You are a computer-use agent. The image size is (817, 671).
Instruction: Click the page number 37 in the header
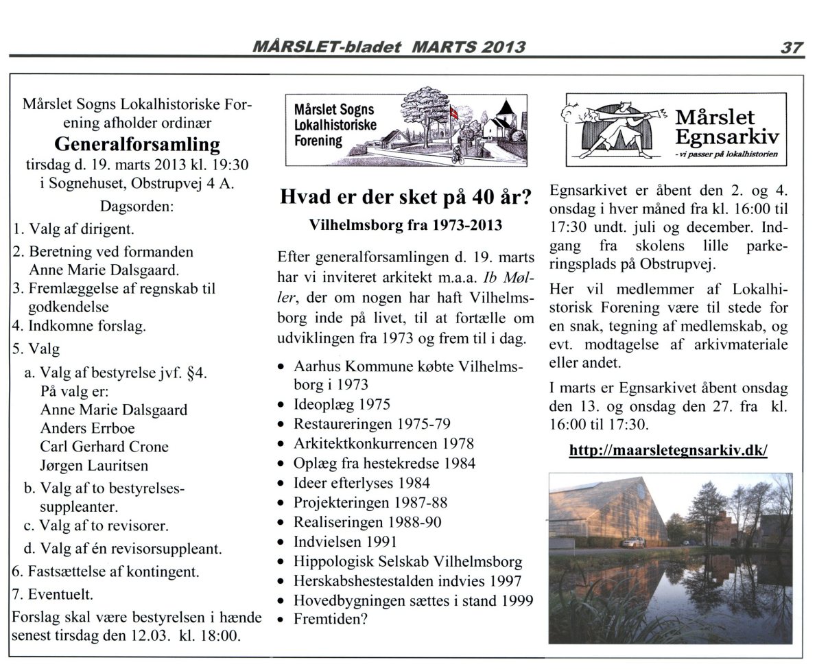[791, 47]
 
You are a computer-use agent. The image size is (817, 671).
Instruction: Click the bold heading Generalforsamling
[137, 144]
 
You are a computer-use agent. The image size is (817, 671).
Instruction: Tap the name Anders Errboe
[87, 428]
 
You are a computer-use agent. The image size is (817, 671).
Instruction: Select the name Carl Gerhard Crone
[104, 446]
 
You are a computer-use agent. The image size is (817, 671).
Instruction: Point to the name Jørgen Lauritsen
[95, 464]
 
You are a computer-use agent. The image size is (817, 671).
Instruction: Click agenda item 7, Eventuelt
[54, 593]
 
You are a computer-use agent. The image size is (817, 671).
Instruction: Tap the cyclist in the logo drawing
[457, 155]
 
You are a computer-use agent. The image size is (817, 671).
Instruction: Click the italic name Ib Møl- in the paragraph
[508, 279]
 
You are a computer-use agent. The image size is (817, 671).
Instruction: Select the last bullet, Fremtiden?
[331, 619]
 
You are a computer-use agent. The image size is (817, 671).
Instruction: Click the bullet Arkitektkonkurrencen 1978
[383, 443]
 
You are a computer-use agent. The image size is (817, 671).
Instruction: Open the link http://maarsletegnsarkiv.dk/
[668, 451]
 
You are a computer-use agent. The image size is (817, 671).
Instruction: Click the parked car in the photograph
[632, 542]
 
